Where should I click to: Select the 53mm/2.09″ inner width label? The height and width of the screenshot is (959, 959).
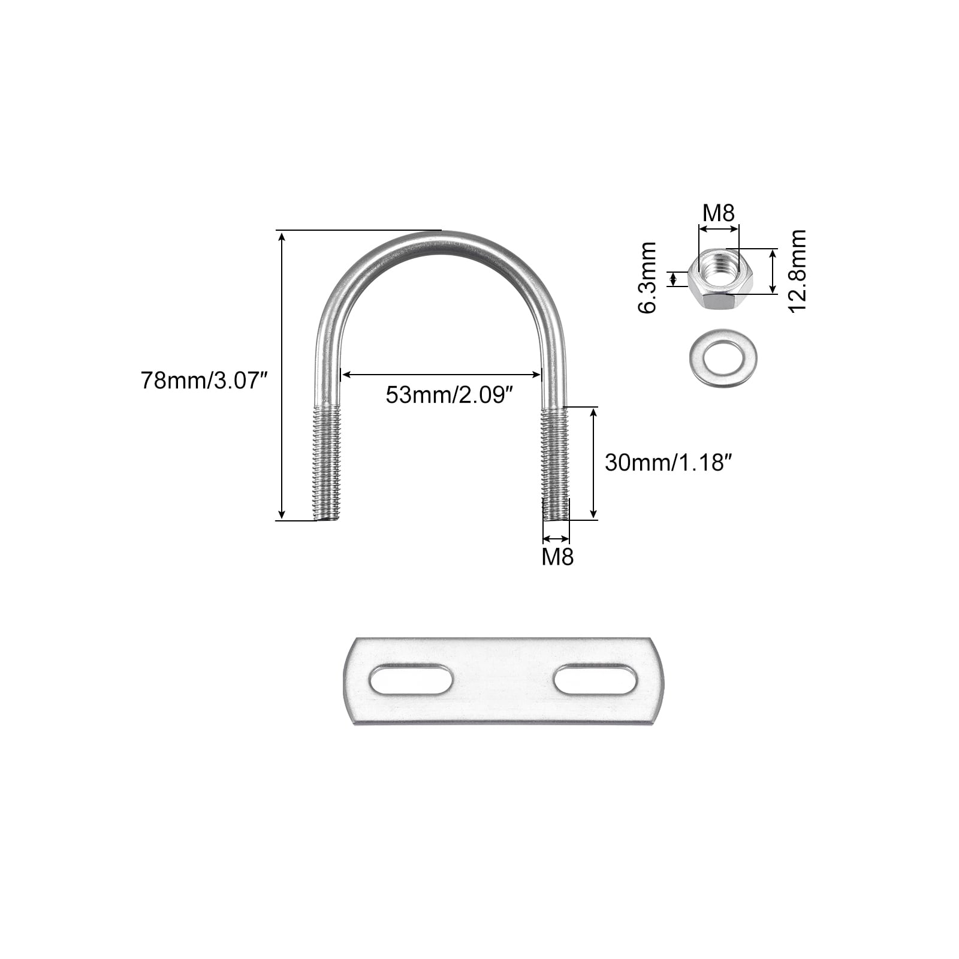pyautogui.click(x=450, y=395)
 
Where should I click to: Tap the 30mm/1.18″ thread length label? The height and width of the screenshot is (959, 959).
pyautogui.click(x=669, y=462)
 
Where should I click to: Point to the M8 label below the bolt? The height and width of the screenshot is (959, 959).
pyautogui.click(x=557, y=557)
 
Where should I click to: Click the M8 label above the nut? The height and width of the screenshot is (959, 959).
pyautogui.click(x=719, y=213)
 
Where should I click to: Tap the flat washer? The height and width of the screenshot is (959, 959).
pyautogui.click(x=723, y=358)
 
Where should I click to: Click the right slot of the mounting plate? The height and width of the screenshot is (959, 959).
pyautogui.click(x=595, y=679)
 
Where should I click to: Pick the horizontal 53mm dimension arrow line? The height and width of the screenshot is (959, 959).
pyautogui.click(x=441, y=375)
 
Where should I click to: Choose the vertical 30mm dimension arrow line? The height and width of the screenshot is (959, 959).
pyautogui.click(x=593, y=462)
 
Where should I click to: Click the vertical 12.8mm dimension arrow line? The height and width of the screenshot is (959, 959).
pyautogui.click(x=773, y=271)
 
